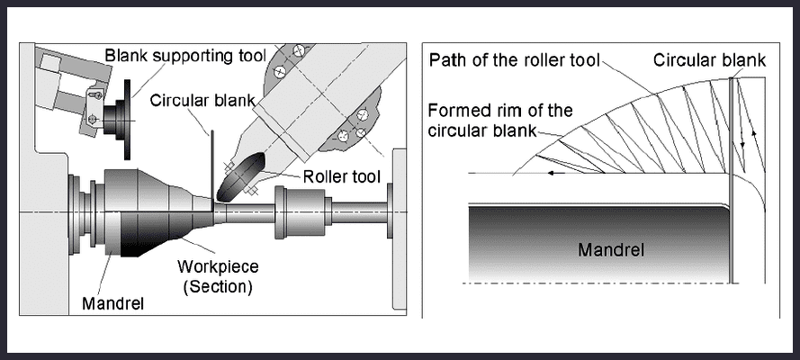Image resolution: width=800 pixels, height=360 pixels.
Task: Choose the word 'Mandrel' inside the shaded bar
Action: coord(610,249)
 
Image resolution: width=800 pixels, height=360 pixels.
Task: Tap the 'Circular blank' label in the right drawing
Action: coord(710,61)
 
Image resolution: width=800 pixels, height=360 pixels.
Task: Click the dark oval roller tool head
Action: coord(240,178)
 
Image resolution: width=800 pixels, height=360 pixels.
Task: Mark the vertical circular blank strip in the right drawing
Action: coord(733,180)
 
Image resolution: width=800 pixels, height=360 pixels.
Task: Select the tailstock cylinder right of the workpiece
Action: coord(293,212)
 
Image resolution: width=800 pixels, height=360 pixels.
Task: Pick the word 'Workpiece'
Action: coord(217,267)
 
